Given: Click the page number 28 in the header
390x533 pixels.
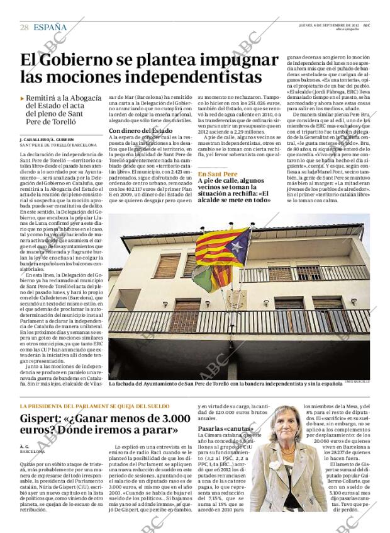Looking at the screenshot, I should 24,27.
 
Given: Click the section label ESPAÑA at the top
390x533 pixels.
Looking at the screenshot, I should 50,27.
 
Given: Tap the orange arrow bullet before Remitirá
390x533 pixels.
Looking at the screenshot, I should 23,98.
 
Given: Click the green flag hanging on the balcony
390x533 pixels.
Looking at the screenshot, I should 203,278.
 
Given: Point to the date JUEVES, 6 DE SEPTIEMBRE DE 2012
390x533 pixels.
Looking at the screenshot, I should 328,25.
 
